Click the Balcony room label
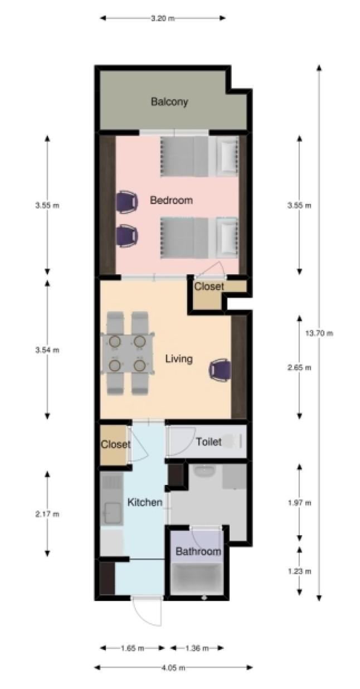coord(169,102)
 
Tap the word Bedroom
coord(171,200)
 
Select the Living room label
coord(179,359)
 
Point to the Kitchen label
coord(145,502)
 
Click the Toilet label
coord(209,442)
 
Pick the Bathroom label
coord(198,551)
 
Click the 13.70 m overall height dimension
coord(319,333)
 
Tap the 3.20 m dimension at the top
coord(163,18)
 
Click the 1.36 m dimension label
coord(197,649)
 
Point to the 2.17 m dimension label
coord(47,514)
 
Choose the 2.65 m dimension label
coord(299,367)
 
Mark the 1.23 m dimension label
coord(299,571)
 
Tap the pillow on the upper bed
coord(227,156)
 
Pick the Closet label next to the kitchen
coord(115,444)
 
